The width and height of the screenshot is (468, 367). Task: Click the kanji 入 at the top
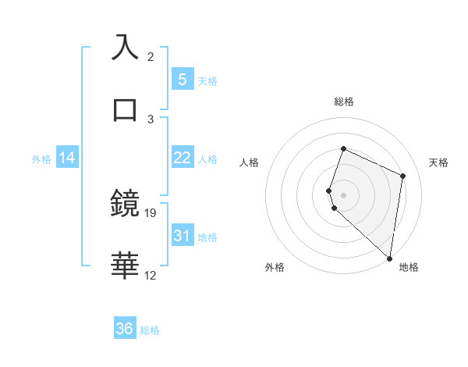(126, 48)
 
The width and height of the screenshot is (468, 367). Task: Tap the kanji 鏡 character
(126, 204)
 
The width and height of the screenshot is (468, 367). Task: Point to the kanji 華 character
(126, 265)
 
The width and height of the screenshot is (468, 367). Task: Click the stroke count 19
(151, 212)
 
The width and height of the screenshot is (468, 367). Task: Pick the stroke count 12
(151, 274)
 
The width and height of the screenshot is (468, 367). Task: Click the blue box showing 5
(182, 79)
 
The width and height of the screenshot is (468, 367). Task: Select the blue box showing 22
(182, 158)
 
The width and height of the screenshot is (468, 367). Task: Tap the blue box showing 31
(182, 235)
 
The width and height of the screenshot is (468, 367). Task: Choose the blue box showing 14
(67, 158)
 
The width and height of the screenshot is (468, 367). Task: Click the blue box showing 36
(125, 329)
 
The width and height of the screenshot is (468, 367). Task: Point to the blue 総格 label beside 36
(150, 330)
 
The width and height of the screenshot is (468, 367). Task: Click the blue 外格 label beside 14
(41, 159)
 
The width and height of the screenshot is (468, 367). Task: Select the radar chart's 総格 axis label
(344, 102)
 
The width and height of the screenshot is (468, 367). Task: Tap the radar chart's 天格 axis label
(439, 162)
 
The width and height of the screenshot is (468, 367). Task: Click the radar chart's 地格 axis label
(409, 267)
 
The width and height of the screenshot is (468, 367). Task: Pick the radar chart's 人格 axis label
(250, 162)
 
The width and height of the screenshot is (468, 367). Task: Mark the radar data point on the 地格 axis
(390, 258)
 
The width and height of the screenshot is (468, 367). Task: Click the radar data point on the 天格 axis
(403, 175)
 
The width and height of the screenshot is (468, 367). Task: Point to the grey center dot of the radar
(344, 194)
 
